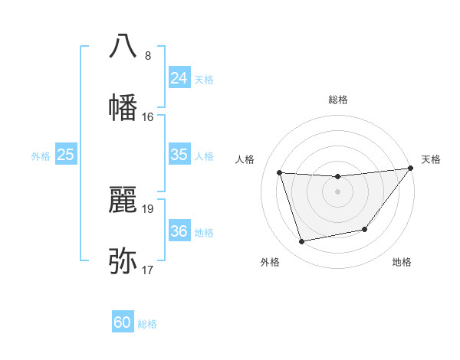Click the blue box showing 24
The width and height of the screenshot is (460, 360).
pos(179,78)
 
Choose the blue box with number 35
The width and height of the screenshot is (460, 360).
pos(179,155)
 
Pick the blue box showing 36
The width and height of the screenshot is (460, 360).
pos(179,231)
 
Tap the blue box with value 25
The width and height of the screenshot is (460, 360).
pos(66,155)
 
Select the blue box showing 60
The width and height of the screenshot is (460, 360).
pos(123,322)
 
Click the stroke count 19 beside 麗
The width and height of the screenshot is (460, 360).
pos(148,208)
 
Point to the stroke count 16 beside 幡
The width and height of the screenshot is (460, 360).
pos(148,116)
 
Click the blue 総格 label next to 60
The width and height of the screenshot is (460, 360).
pos(147,324)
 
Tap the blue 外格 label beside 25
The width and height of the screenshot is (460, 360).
pos(41,156)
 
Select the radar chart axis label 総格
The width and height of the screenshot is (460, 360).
pos(338,100)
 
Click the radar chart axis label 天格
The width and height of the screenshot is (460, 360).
pos(431,159)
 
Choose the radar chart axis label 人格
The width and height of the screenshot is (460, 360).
pos(245,159)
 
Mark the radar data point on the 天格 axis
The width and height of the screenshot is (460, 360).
pos(411,168)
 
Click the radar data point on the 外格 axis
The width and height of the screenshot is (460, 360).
pos(302,242)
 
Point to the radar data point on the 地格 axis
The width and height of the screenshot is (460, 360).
pos(366,230)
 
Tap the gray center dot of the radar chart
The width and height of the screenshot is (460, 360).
pos(338,191)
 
